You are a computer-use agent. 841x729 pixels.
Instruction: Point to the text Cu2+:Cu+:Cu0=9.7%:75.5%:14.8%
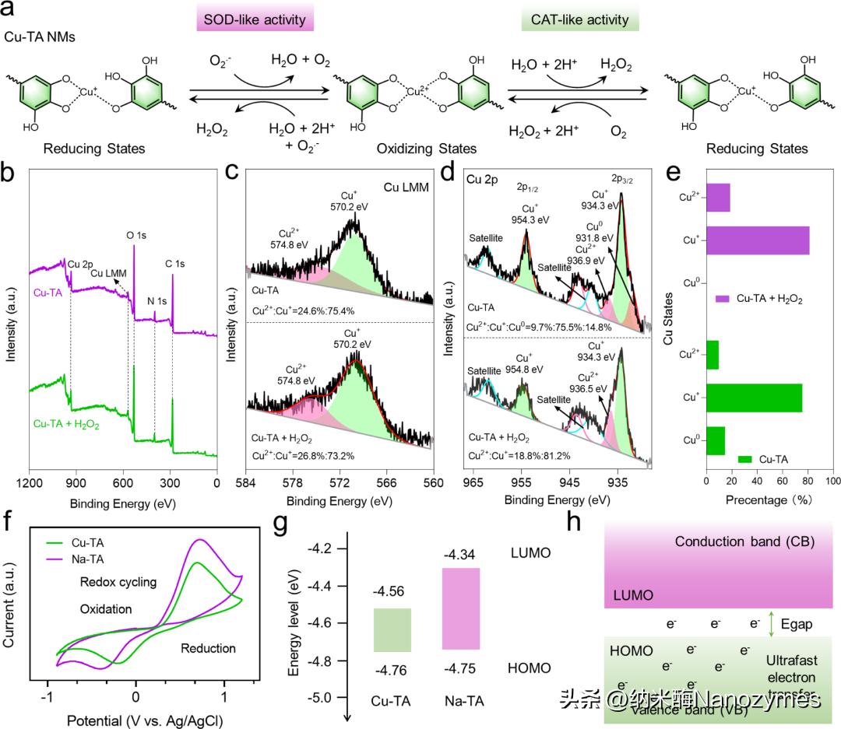tap(539, 327)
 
